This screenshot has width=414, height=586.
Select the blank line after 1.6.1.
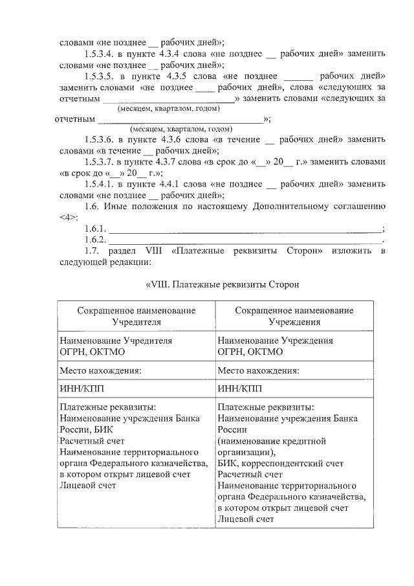pyautogui.click(x=246, y=229)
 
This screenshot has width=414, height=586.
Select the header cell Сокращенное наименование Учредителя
pyautogui.click(x=136, y=315)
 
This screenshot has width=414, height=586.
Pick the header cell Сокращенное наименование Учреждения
pyautogui.click(x=294, y=315)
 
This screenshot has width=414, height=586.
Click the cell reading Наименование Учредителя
pyautogui.click(x=116, y=340)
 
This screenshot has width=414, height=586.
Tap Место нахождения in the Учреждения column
pyautogui.click(x=258, y=371)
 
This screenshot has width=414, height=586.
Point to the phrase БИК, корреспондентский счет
pyautogui.click(x=281, y=464)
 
